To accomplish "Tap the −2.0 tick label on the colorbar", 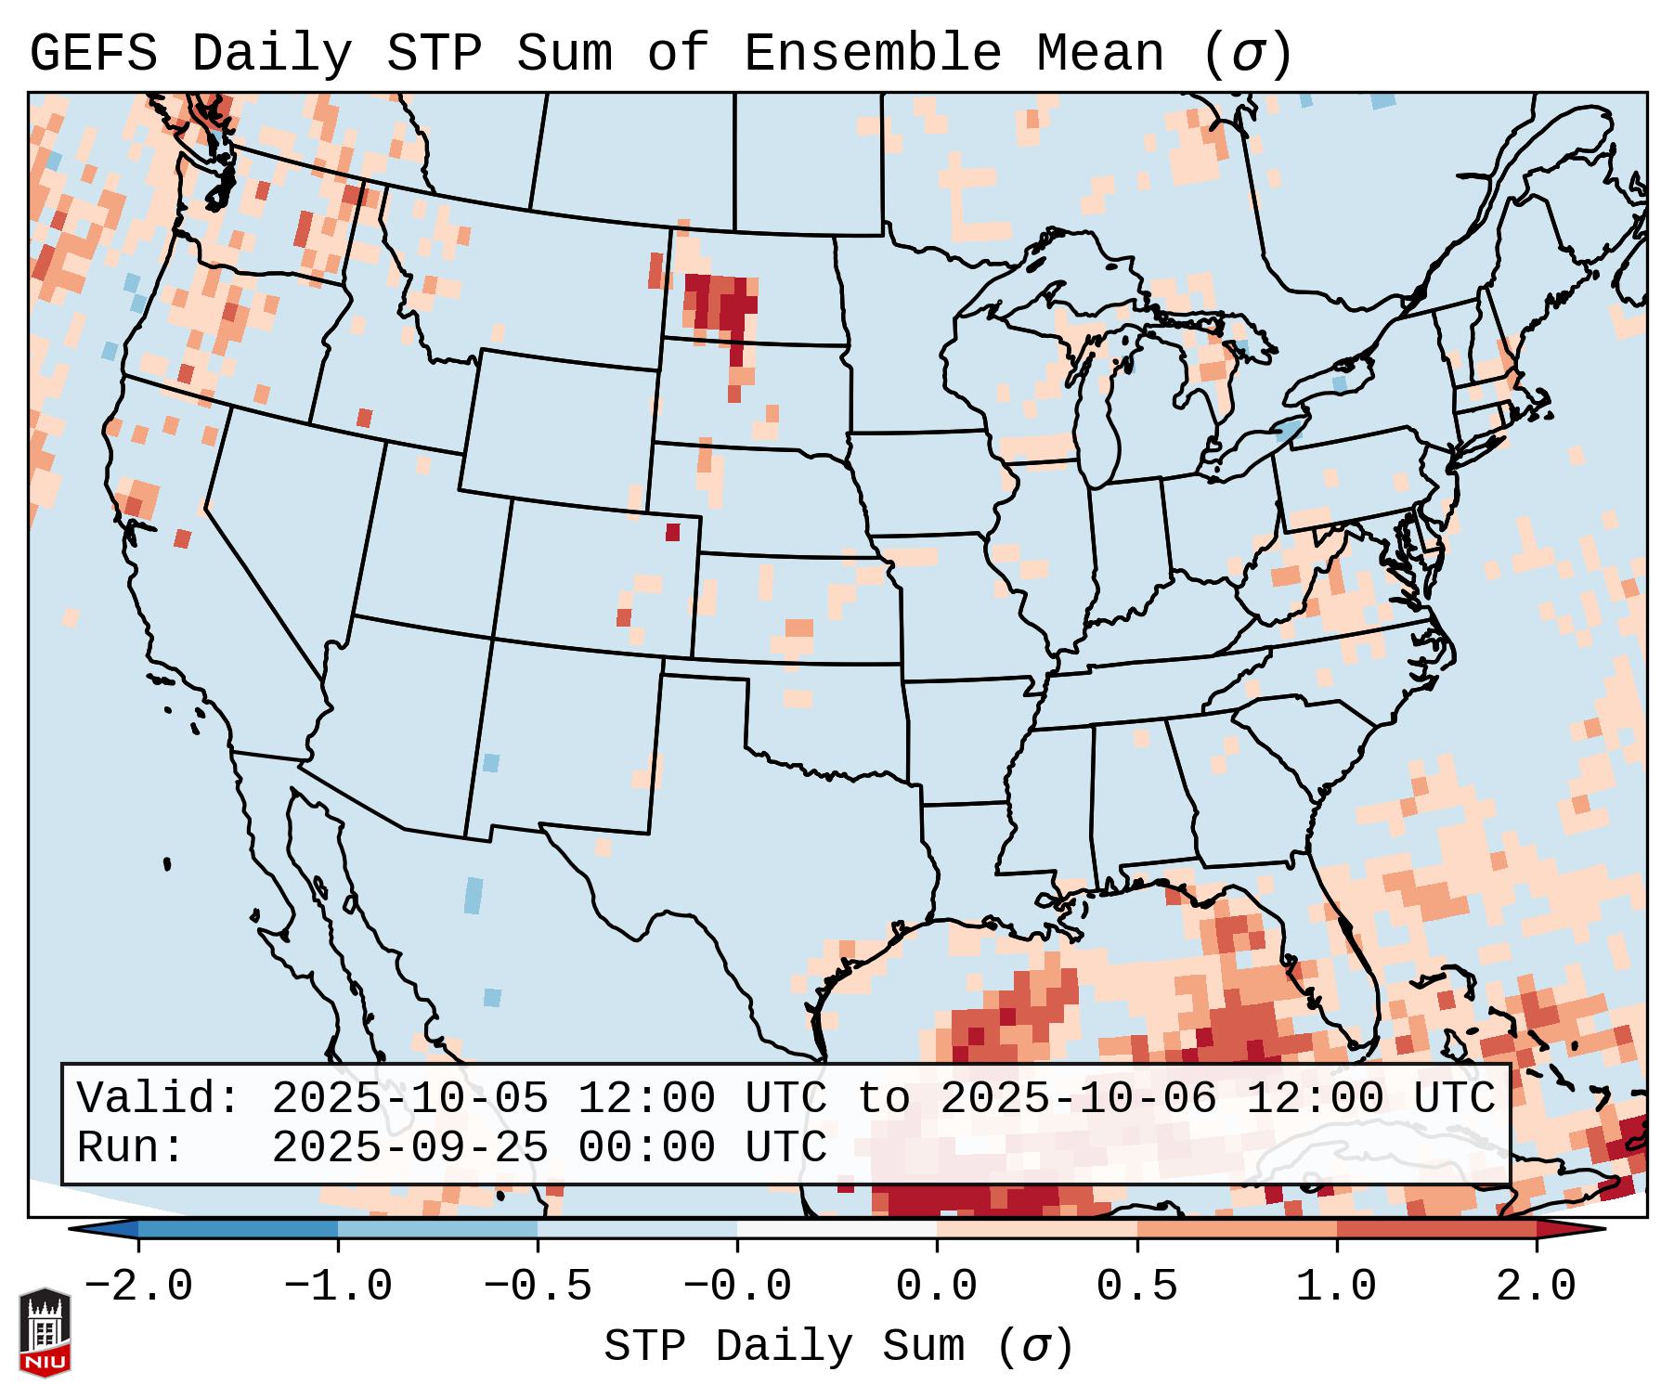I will point(138,1287).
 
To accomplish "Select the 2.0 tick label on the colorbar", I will point(1537,1287).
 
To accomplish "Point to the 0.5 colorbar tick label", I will point(1137,1287).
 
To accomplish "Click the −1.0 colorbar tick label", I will point(338,1287).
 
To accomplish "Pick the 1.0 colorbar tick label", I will point(1337,1287).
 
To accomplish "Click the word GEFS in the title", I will point(94,54).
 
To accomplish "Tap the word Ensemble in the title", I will point(872,54).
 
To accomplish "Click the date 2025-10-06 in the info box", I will point(1078,1098).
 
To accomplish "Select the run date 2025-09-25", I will point(409,1147).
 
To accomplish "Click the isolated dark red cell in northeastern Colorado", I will point(673,532).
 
